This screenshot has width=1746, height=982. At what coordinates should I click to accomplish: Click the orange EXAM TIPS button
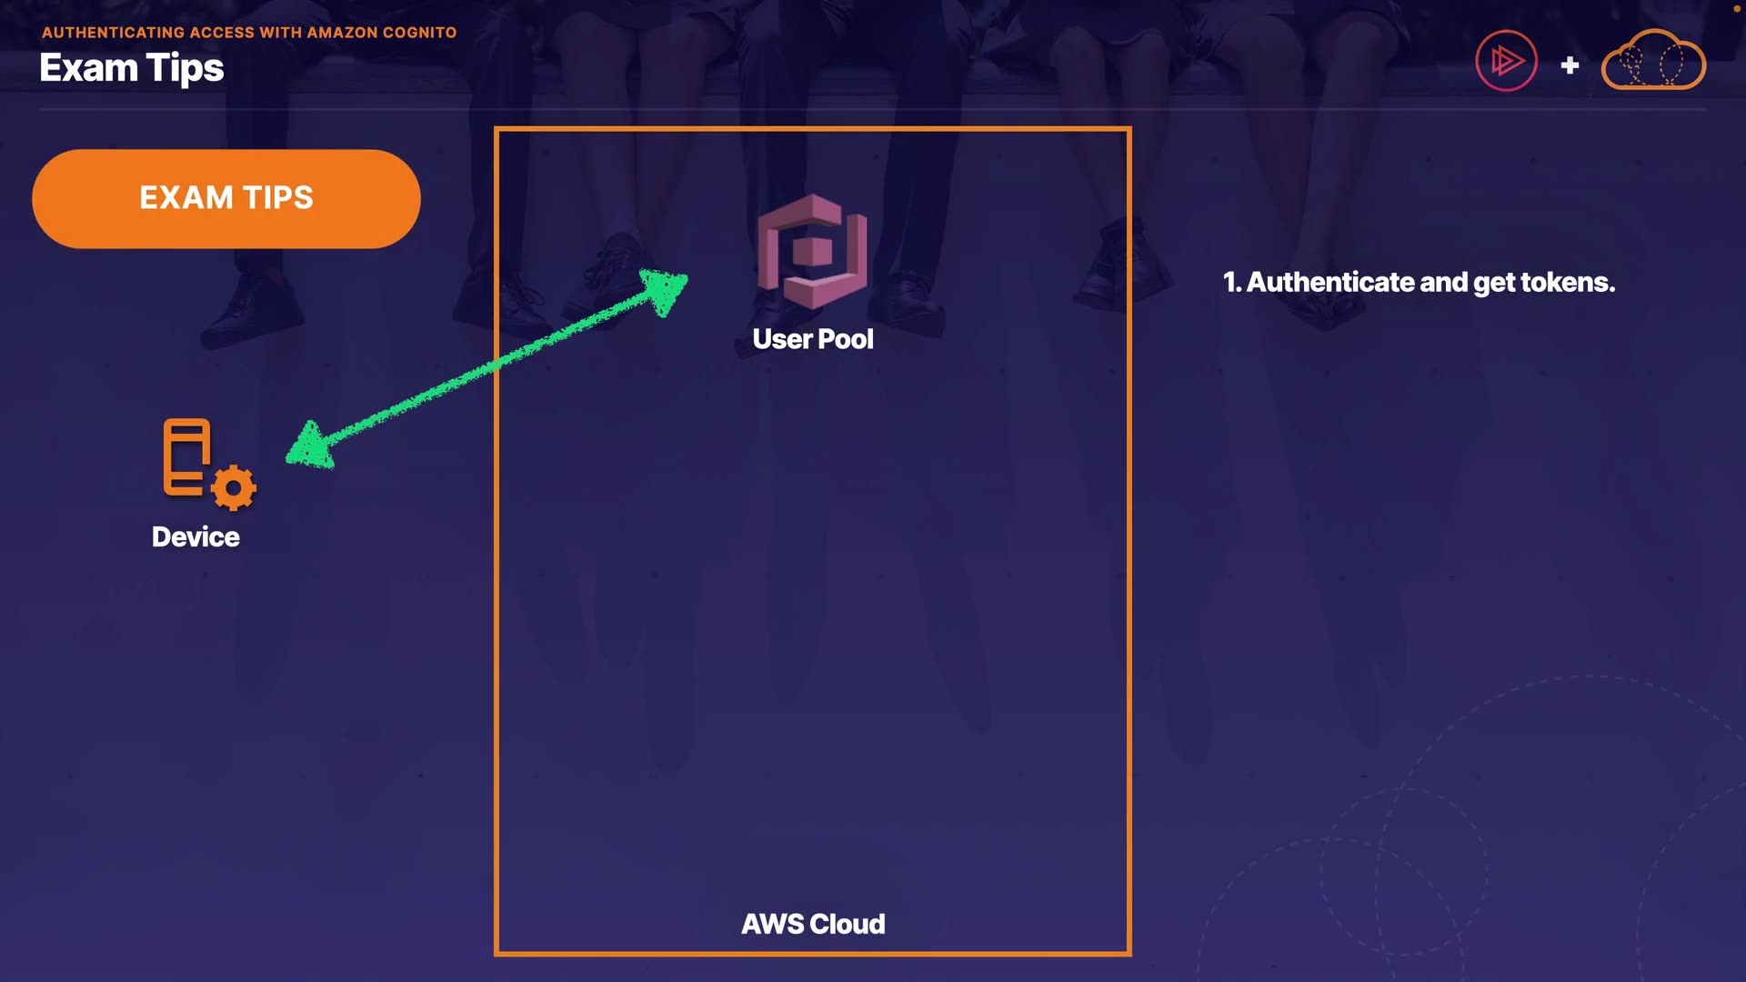click(226, 198)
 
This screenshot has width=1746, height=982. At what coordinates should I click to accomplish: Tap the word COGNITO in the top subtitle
click(419, 33)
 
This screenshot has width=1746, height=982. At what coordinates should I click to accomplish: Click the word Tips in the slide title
click(186, 69)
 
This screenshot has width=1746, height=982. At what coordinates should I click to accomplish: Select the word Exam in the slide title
click(88, 69)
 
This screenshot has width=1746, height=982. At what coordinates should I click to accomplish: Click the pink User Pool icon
click(812, 252)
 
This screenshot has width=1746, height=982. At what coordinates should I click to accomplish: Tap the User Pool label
click(812, 339)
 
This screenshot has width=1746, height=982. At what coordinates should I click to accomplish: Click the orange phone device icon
click(187, 457)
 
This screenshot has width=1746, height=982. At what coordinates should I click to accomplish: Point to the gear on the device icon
click(234, 488)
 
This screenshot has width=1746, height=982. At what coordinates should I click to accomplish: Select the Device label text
click(196, 537)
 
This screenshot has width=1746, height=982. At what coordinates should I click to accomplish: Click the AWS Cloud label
click(813, 924)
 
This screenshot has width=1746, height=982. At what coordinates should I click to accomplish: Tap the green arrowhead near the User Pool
click(667, 289)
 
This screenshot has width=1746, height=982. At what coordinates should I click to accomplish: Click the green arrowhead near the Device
click(310, 446)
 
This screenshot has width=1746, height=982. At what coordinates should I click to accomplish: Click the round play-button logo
click(1506, 61)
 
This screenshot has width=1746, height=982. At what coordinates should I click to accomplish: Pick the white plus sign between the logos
click(1570, 65)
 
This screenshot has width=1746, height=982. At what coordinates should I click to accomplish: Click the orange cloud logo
click(1653, 61)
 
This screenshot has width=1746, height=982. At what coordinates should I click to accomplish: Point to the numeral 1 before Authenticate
click(1229, 283)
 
